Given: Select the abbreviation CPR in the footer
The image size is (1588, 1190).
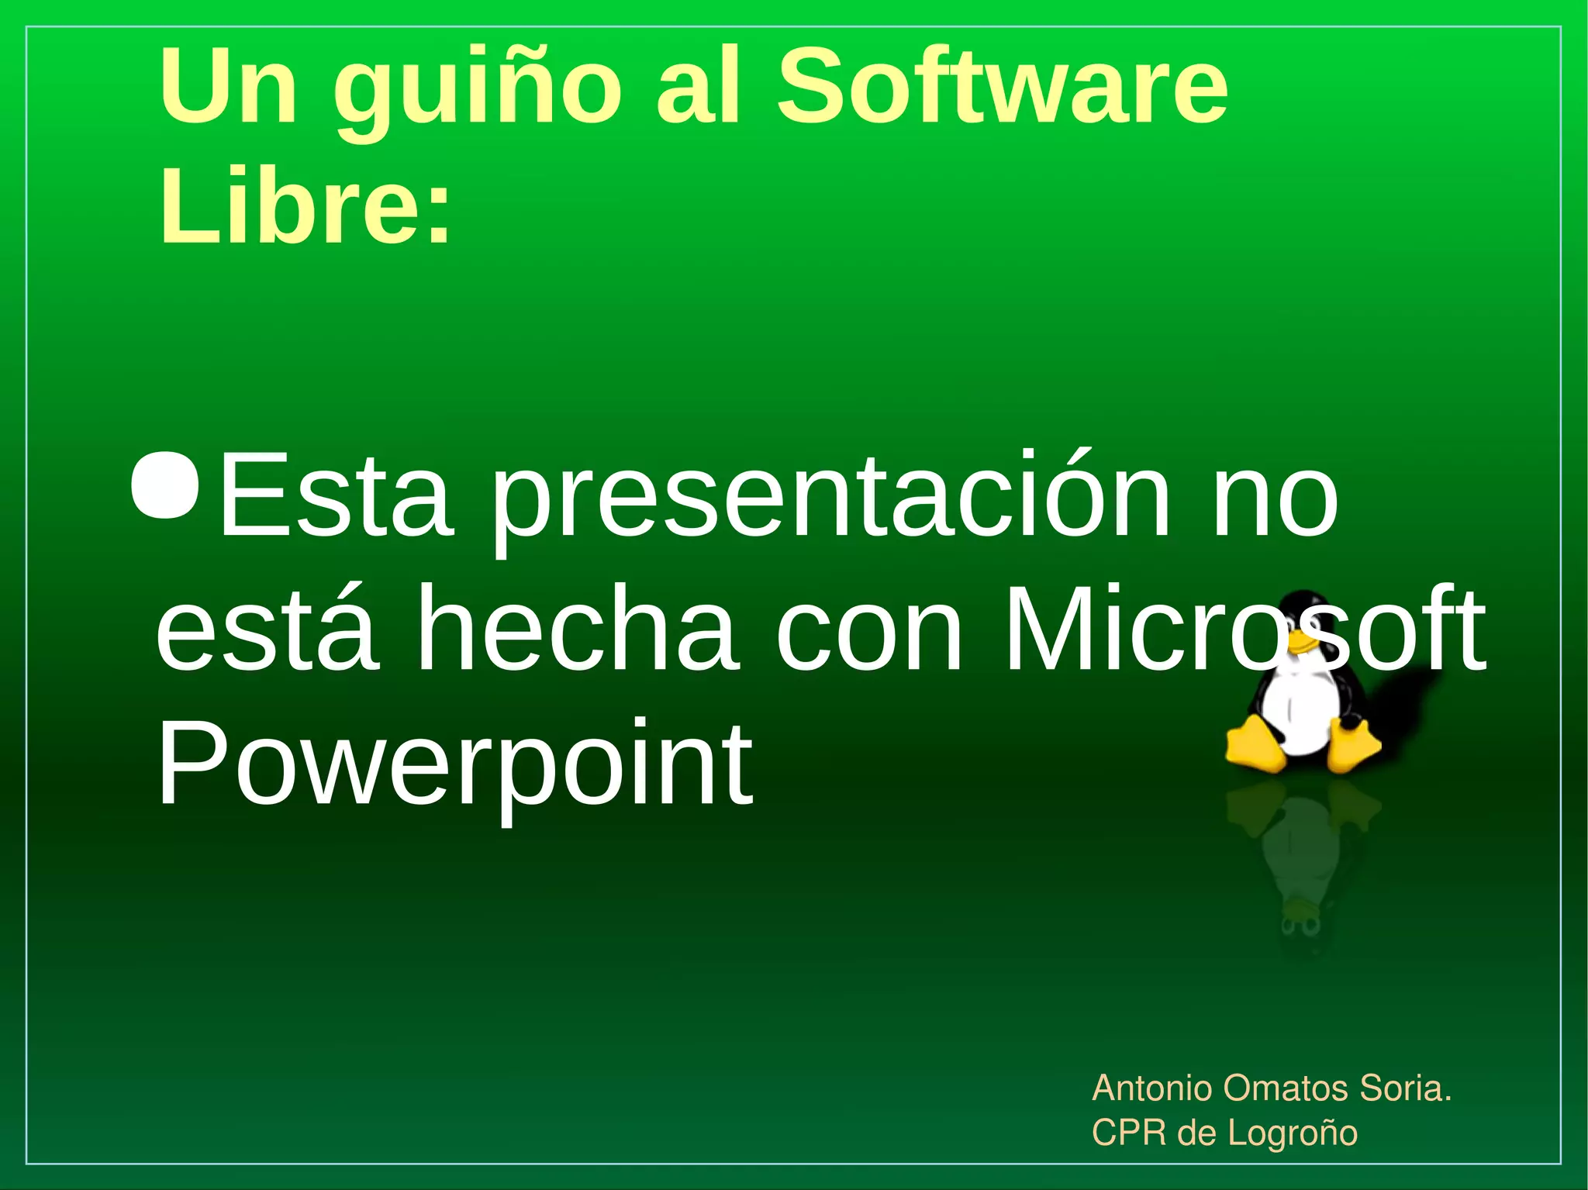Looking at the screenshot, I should pyautogui.click(x=1128, y=1133).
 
